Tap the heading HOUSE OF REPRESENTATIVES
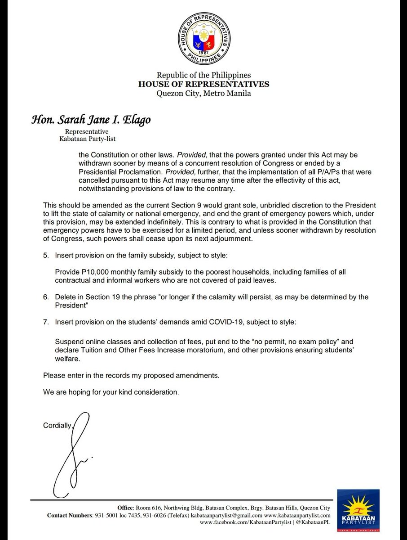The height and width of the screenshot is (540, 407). point(203,84)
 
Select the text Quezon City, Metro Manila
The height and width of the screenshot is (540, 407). point(203,94)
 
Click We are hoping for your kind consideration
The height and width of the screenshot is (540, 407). point(111,392)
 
